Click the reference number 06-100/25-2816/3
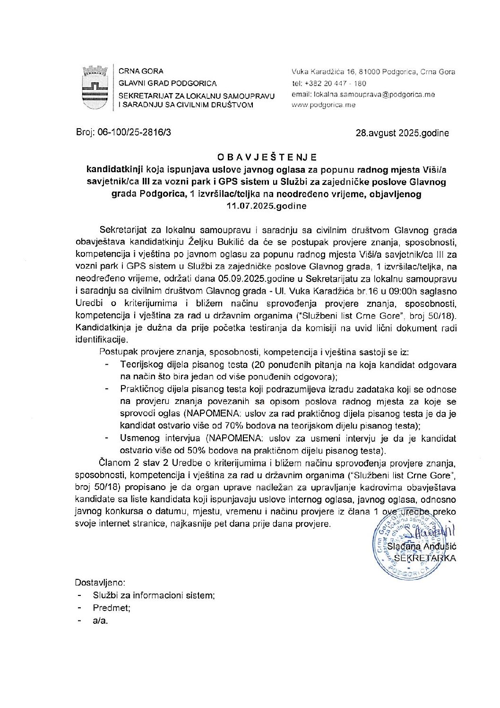point(135,133)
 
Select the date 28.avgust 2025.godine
point(402,133)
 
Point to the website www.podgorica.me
point(324,105)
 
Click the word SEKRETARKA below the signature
point(425,558)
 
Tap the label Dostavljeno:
point(100,583)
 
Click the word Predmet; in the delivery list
point(112,608)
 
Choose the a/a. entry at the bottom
point(101,621)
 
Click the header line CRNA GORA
point(141,71)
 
